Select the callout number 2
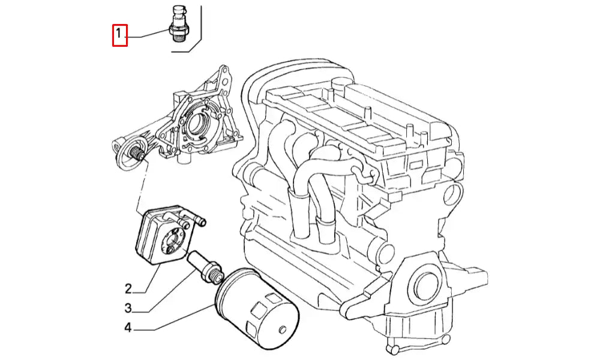click(x=128, y=289)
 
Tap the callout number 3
click(x=128, y=308)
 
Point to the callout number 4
click(x=128, y=328)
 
